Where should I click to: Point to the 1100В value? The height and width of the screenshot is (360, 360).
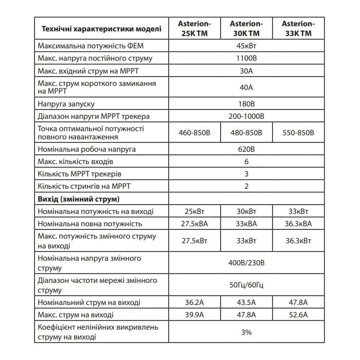(x=246, y=58)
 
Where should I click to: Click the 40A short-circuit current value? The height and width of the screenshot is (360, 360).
(x=246, y=87)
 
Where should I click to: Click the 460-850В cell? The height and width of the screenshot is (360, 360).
(x=193, y=133)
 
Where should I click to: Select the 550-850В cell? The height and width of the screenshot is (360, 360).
(x=298, y=133)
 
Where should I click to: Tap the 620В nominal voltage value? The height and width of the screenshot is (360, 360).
(x=246, y=149)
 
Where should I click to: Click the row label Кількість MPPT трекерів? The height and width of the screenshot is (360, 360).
(x=80, y=174)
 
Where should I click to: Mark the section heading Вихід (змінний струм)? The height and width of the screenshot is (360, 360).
(x=79, y=198)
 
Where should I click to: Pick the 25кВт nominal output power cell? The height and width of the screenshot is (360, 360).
(x=193, y=211)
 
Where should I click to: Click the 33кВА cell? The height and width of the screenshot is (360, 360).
(x=246, y=224)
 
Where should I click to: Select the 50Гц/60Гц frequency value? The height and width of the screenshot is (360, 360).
(x=246, y=284)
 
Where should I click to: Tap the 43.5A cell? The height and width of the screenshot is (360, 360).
(x=246, y=301)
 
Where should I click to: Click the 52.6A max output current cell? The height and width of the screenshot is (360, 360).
(x=298, y=314)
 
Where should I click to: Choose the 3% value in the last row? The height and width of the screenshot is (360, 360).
(x=246, y=332)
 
